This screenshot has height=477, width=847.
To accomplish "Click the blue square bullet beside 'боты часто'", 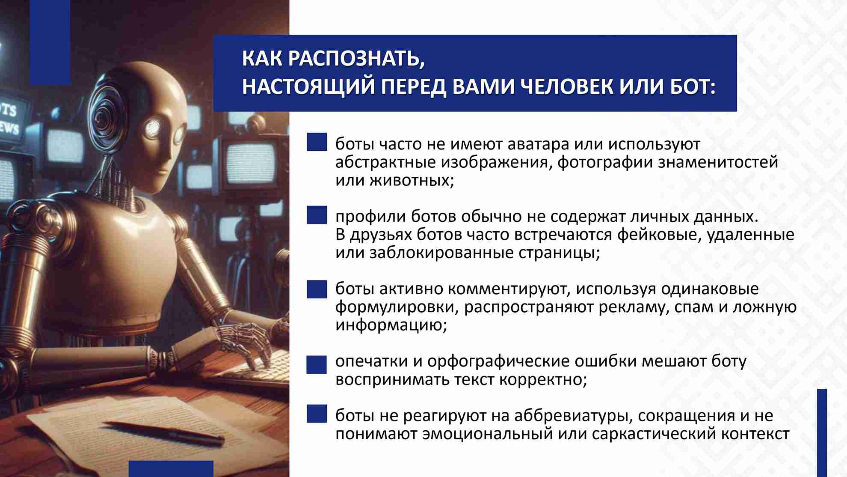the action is click(x=317, y=142).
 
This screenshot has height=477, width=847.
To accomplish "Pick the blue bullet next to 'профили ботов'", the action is click(x=317, y=215).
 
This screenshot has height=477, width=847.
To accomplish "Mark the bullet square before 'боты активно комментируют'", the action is click(x=317, y=289).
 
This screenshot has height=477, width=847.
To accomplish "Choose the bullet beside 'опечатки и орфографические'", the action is click(x=317, y=364).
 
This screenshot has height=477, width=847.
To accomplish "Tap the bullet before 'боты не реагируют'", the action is click(x=317, y=414).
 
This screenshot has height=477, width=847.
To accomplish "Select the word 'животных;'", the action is click(x=412, y=181).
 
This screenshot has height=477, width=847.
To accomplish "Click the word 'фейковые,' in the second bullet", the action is click(x=659, y=235).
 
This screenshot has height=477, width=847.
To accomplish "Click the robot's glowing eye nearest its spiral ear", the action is click(x=153, y=127).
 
